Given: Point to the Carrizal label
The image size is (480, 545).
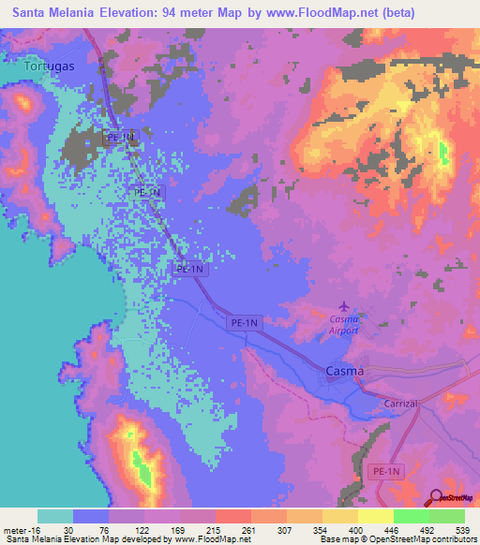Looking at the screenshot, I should click(x=405, y=402).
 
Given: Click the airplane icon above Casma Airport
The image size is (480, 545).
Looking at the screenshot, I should click(x=344, y=305).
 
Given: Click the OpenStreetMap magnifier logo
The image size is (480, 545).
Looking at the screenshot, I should click(x=437, y=497).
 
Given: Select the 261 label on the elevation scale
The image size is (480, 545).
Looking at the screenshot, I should click(x=248, y=529).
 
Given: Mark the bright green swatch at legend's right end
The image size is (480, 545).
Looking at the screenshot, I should click(x=447, y=516).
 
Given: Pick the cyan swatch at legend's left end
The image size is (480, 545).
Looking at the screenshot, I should click(x=55, y=516).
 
